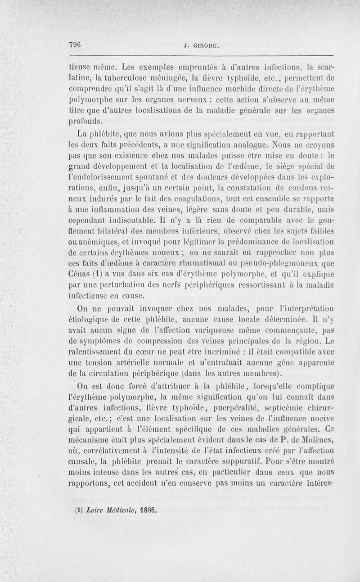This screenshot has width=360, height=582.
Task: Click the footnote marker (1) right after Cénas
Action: (x=93, y=275)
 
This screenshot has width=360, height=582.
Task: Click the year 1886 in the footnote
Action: (x=144, y=511)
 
